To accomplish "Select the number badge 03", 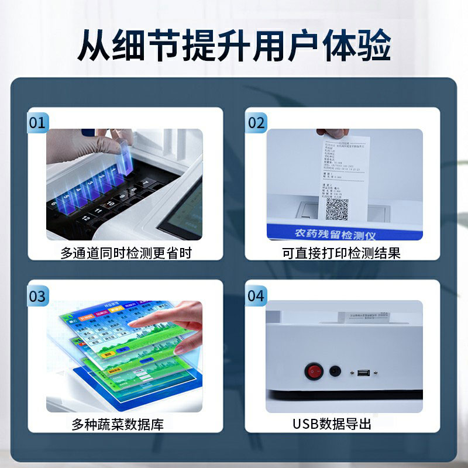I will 37,296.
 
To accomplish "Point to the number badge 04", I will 256,296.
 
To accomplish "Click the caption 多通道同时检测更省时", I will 126,253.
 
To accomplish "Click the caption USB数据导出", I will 332,425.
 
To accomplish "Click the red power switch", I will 314,370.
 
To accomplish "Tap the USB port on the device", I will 363,371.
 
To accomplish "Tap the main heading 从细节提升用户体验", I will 234,46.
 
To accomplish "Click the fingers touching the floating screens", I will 175,322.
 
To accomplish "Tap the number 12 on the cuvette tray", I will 86,218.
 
